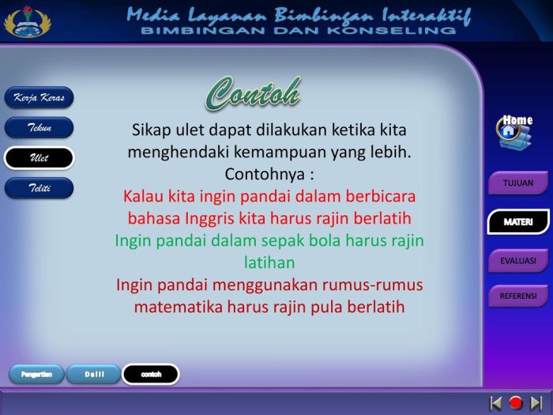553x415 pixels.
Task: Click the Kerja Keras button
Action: (x=39, y=98)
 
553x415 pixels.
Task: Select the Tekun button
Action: (x=39, y=128)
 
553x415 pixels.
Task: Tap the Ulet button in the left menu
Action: (x=39, y=158)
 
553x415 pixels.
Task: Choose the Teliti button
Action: (x=39, y=188)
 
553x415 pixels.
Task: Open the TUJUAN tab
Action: (x=517, y=183)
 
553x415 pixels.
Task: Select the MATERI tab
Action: (x=517, y=222)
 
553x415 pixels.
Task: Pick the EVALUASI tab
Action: (x=517, y=260)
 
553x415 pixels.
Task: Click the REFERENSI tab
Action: (x=517, y=296)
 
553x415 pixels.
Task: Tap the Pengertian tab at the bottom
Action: (x=36, y=374)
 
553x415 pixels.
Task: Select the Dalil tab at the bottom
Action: (x=93, y=374)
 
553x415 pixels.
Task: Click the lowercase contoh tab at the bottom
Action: (x=150, y=374)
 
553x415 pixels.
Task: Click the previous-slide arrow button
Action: (x=496, y=402)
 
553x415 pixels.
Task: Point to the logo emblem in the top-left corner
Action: (x=24, y=21)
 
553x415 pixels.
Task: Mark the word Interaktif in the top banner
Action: (x=426, y=15)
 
